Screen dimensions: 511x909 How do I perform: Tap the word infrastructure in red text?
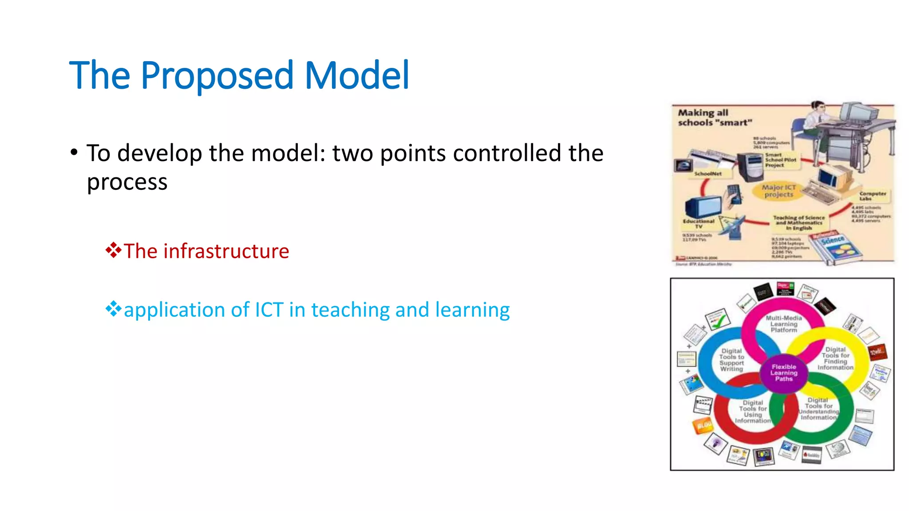pyautogui.click(x=226, y=252)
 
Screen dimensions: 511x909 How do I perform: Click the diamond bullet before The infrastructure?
pyautogui.click(x=113, y=250)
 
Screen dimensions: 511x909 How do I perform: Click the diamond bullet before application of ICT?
pyautogui.click(x=113, y=309)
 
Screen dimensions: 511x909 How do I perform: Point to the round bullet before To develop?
pyautogui.click(x=74, y=153)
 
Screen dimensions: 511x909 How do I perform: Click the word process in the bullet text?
pyautogui.click(x=127, y=182)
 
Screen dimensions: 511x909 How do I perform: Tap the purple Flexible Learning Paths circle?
pyautogui.click(x=784, y=373)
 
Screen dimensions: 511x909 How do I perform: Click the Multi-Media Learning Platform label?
pyautogui.click(x=784, y=324)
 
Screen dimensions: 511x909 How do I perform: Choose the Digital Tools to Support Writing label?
pyautogui.click(x=731, y=360)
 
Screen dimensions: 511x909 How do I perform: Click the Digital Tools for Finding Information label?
pyautogui.click(x=835, y=358)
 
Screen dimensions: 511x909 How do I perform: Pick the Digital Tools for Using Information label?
pyautogui.click(x=753, y=412)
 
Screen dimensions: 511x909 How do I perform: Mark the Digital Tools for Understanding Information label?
pyautogui.click(x=819, y=409)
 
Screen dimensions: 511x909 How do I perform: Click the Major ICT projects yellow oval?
pyautogui.click(x=779, y=191)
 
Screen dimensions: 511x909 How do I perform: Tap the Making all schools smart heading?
pyautogui.click(x=715, y=118)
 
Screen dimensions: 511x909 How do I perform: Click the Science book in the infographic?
pyautogui.click(x=834, y=247)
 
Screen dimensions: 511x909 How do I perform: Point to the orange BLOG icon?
pyautogui.click(x=703, y=426)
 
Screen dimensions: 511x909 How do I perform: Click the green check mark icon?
pyautogui.click(x=718, y=319)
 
